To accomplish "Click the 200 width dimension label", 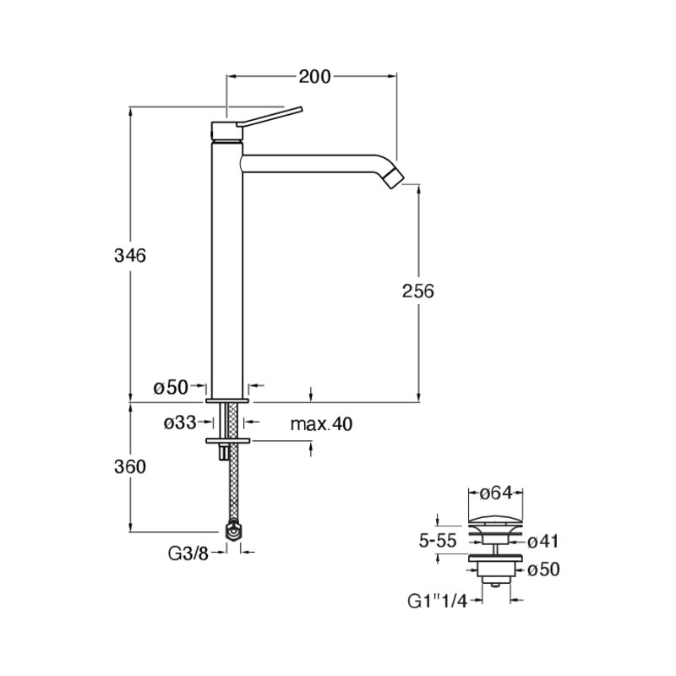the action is coord(314,77).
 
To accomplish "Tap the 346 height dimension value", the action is coord(130,256).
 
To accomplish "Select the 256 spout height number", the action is coord(417,292).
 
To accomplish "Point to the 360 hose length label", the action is coord(130,466).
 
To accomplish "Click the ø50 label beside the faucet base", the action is coord(172,388).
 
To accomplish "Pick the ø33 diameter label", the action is coord(180,423).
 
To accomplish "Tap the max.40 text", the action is coord(321,424).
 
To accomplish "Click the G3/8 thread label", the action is coord(188,554).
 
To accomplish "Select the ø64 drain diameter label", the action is coord(496,493).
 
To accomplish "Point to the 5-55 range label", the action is coord(437,541).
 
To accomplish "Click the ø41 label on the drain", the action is coord(542,542).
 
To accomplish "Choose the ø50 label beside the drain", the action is coord(543,570).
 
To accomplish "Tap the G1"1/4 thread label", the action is coord(437,601).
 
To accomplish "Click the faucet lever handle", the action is coord(270,117).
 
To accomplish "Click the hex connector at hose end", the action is coord(233,532).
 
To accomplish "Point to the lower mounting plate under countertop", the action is coord(228,440).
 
